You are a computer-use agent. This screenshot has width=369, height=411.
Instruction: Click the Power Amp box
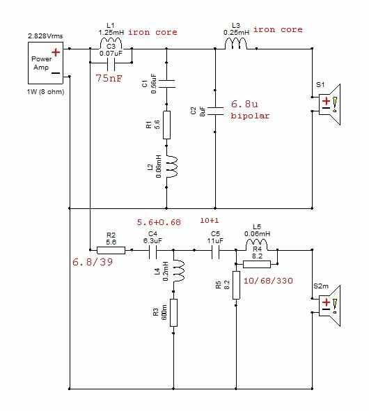[45, 63]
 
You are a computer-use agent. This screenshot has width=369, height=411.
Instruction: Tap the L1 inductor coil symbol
[111, 43]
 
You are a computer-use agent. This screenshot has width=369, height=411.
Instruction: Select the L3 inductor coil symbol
[236, 43]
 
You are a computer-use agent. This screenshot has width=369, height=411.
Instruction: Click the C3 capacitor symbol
[111, 65]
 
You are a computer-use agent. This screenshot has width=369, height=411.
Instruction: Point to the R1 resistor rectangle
[166, 125]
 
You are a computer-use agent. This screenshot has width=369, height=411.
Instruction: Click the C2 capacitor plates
[215, 111]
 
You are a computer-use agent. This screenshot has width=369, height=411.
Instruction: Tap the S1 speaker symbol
[329, 104]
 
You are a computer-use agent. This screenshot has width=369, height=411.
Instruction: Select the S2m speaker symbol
[329, 306]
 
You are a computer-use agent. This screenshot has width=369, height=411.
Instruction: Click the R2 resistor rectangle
[111, 250]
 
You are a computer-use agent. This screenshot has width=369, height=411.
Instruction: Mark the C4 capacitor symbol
[152, 252]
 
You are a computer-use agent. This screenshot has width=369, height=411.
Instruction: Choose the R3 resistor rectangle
[173, 313]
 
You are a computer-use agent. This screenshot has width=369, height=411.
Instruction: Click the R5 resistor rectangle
[236, 285]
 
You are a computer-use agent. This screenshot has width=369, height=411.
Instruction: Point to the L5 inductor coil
[257, 245]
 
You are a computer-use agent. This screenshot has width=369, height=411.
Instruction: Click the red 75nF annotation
[109, 78]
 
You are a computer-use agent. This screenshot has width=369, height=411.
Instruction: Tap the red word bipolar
[250, 116]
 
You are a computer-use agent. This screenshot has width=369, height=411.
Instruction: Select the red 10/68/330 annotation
[268, 281]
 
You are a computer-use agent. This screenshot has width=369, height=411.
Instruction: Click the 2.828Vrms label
[45, 36]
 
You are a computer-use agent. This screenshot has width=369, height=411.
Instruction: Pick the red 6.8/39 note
[93, 262]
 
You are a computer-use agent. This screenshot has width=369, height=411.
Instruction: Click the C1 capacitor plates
[166, 84]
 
